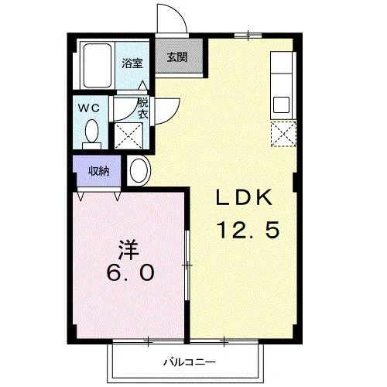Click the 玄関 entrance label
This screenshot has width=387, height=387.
tap(177, 57)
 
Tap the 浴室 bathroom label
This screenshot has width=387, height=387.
tap(132, 63)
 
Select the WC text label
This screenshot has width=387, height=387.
tap(89, 108)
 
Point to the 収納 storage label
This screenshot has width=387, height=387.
tap(99, 171)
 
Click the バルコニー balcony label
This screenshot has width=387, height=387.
tap(190, 362)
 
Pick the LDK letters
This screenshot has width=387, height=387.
tap(244, 197)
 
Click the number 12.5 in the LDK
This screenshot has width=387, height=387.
tap(248, 230)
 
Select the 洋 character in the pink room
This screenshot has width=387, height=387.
tap(128, 250)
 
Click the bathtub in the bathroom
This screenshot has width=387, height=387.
tap(98, 66)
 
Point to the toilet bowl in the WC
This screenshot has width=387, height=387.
tap(92, 132)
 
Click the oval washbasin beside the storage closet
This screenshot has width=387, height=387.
tap(139, 170)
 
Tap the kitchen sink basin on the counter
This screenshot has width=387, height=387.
tap(281, 104)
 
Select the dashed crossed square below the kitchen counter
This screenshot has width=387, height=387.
tap(283, 134)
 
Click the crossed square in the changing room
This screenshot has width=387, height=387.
tap(128, 136)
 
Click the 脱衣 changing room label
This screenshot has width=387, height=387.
tap(142, 108)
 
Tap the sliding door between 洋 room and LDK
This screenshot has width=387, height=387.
tap(187, 265)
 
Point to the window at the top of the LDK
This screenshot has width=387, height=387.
tap(248, 36)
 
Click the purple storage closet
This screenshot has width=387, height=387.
tap(97, 170)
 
